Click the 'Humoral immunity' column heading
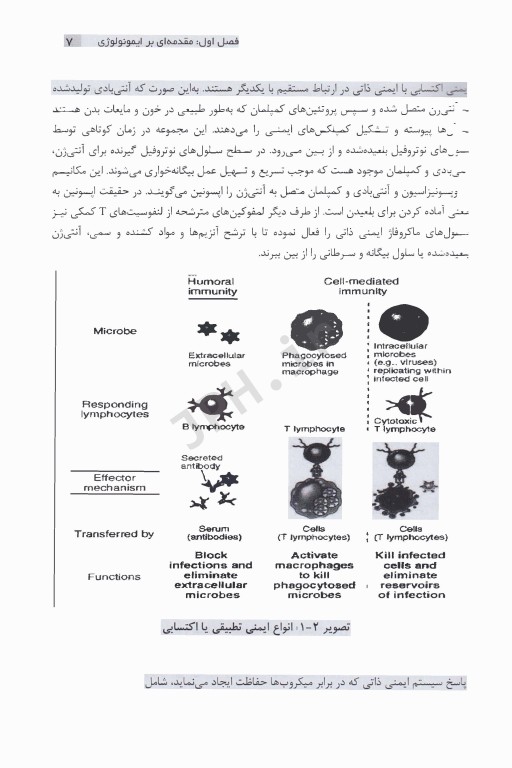tap(211, 287)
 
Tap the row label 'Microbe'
tap(116, 331)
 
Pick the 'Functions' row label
tap(114, 577)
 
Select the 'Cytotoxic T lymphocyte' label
tap(404, 424)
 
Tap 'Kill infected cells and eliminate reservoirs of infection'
tap(411, 575)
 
